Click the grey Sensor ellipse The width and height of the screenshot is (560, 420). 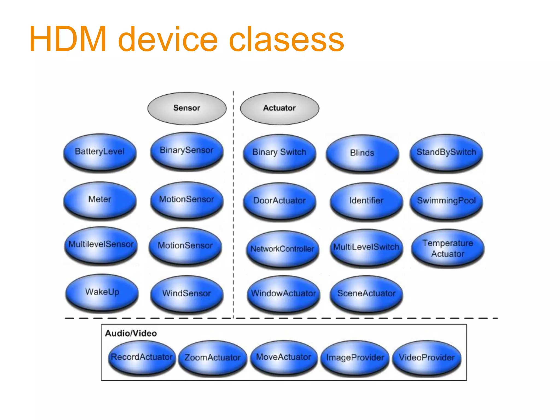click(x=187, y=108)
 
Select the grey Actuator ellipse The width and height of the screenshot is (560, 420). click(x=279, y=108)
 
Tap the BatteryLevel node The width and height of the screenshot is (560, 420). click(x=100, y=152)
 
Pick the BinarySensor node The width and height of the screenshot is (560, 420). click(x=187, y=151)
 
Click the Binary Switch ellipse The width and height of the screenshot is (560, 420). click(x=279, y=153)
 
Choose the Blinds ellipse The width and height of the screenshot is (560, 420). click(x=362, y=153)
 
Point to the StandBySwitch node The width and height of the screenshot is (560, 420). click(x=446, y=153)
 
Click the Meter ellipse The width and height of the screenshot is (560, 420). click(x=100, y=200)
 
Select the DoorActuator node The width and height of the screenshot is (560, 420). click(x=279, y=201)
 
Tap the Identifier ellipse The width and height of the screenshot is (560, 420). click(x=366, y=201)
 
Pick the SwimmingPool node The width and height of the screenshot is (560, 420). click(x=446, y=201)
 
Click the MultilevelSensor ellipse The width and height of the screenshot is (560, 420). click(x=101, y=245)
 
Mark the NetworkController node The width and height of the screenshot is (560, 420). click(x=282, y=249)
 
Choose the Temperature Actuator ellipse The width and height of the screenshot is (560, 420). click(x=448, y=248)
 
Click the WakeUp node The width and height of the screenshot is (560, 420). click(x=102, y=292)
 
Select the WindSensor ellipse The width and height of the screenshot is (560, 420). click(x=187, y=294)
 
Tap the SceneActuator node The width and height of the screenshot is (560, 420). click(x=366, y=294)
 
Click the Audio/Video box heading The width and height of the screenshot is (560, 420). click(x=131, y=333)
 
